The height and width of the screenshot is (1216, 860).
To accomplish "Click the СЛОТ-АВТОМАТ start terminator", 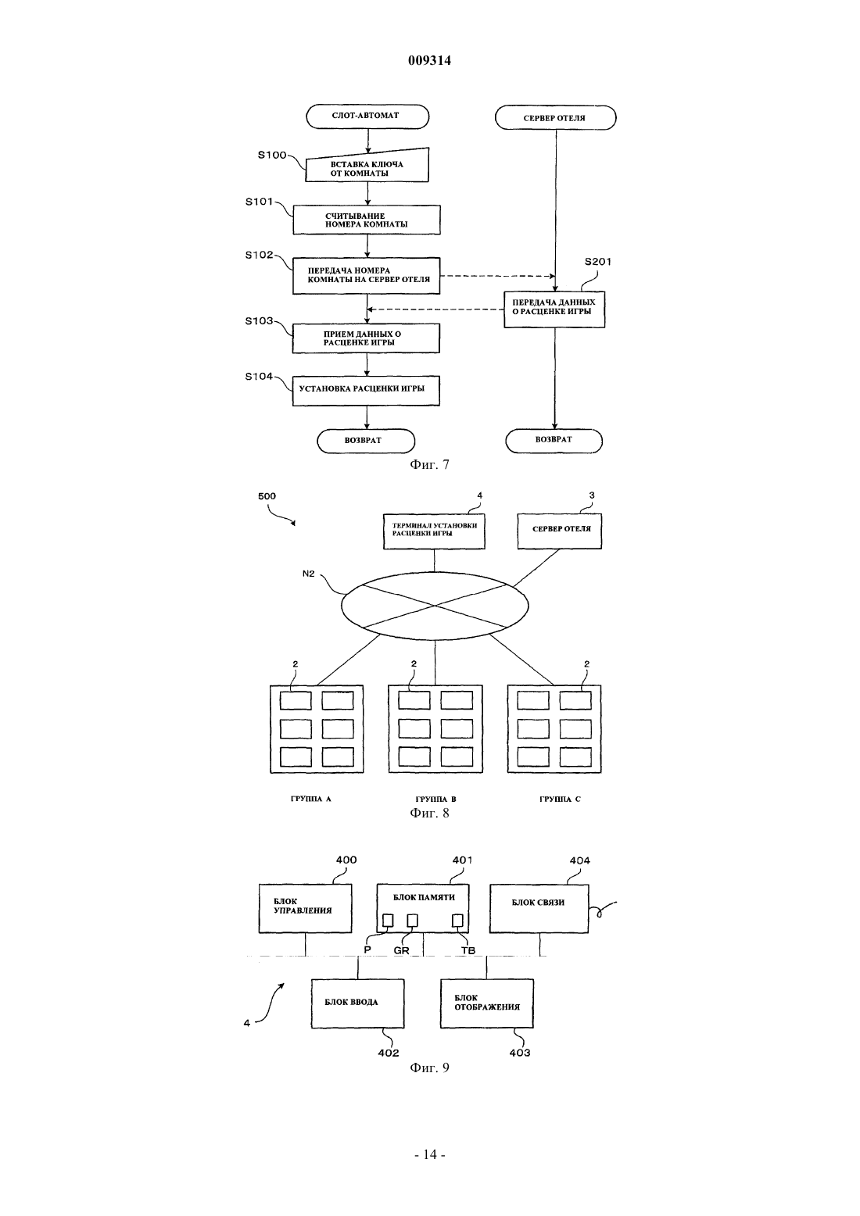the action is point(367,116).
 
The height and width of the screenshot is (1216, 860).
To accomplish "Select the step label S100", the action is point(271,156).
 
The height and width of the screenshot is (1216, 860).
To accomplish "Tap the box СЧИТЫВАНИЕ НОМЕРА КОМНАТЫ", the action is point(367,220).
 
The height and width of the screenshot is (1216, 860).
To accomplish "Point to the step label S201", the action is point(598,262).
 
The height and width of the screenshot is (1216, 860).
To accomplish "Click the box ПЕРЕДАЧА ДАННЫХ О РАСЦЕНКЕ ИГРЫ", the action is point(554,309).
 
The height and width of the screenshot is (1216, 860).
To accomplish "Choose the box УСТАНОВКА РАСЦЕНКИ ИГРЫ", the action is point(366,391).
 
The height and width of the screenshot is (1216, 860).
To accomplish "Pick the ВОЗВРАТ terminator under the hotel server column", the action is point(554,441).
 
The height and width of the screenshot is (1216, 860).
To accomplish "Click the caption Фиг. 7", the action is point(429,465).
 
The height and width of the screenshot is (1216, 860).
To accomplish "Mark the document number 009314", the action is point(429,60).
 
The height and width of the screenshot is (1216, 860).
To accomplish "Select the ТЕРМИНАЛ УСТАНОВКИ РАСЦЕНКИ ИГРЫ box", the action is point(434,531).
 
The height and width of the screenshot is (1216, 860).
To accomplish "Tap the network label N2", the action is point(308,574).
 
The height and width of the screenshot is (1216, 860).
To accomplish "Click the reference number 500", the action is point(267,496).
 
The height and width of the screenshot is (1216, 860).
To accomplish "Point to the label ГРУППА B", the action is point(435,799).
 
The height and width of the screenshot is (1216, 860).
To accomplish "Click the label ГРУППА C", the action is point(560,799).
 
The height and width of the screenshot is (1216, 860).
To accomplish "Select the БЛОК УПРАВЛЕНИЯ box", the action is point(305,909).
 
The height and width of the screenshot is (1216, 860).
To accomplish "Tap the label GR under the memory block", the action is point(401,950).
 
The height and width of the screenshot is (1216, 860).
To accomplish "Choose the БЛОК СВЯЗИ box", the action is point(539,909).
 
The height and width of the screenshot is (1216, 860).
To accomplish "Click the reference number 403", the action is point(520,1053).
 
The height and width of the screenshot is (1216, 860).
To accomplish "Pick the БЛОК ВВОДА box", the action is point(358,1003).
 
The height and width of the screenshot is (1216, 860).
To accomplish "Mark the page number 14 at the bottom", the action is point(429,1155).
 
